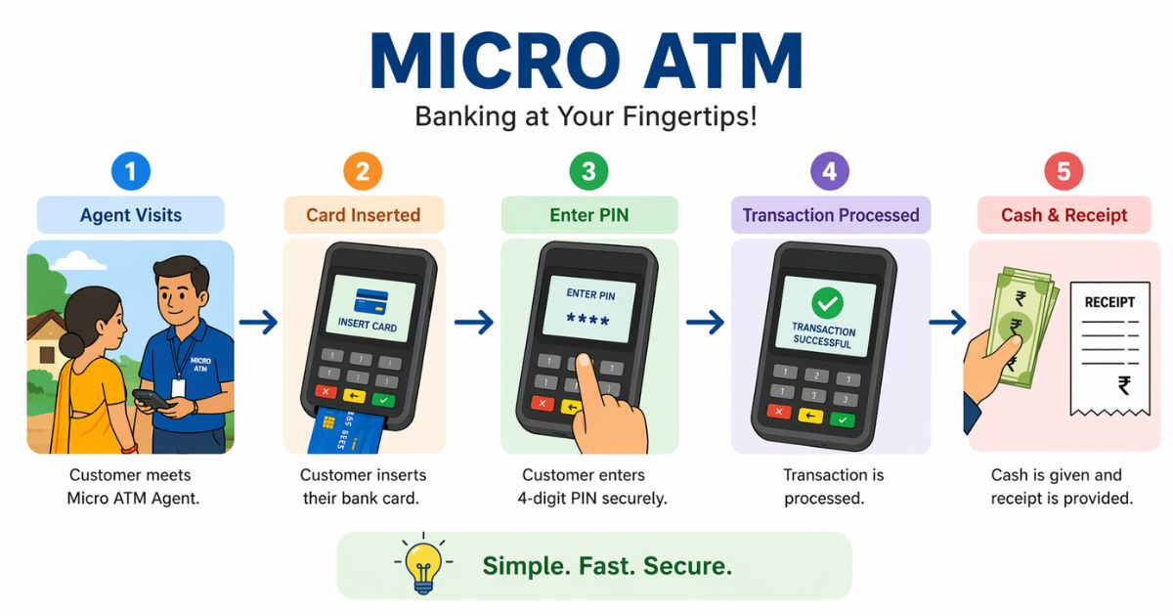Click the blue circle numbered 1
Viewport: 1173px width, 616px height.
coord(131,172)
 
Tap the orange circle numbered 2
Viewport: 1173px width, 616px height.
coord(363,172)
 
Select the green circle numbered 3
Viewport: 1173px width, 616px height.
coord(588,172)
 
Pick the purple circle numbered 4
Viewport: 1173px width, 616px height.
coord(830,172)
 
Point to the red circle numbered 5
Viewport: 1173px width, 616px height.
coord(1064,172)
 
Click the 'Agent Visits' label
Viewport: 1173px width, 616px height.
coord(131,215)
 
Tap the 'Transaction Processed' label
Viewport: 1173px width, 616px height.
coord(831,215)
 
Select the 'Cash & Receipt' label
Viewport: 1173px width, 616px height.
coord(1064,215)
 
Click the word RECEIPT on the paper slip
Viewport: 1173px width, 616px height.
coord(1109,302)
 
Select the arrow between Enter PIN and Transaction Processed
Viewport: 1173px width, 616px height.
coord(704,322)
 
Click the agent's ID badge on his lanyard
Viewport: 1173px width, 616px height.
coord(178,387)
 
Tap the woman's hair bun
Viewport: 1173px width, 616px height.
coord(70,344)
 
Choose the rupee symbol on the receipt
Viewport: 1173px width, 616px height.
coord(1124,385)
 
